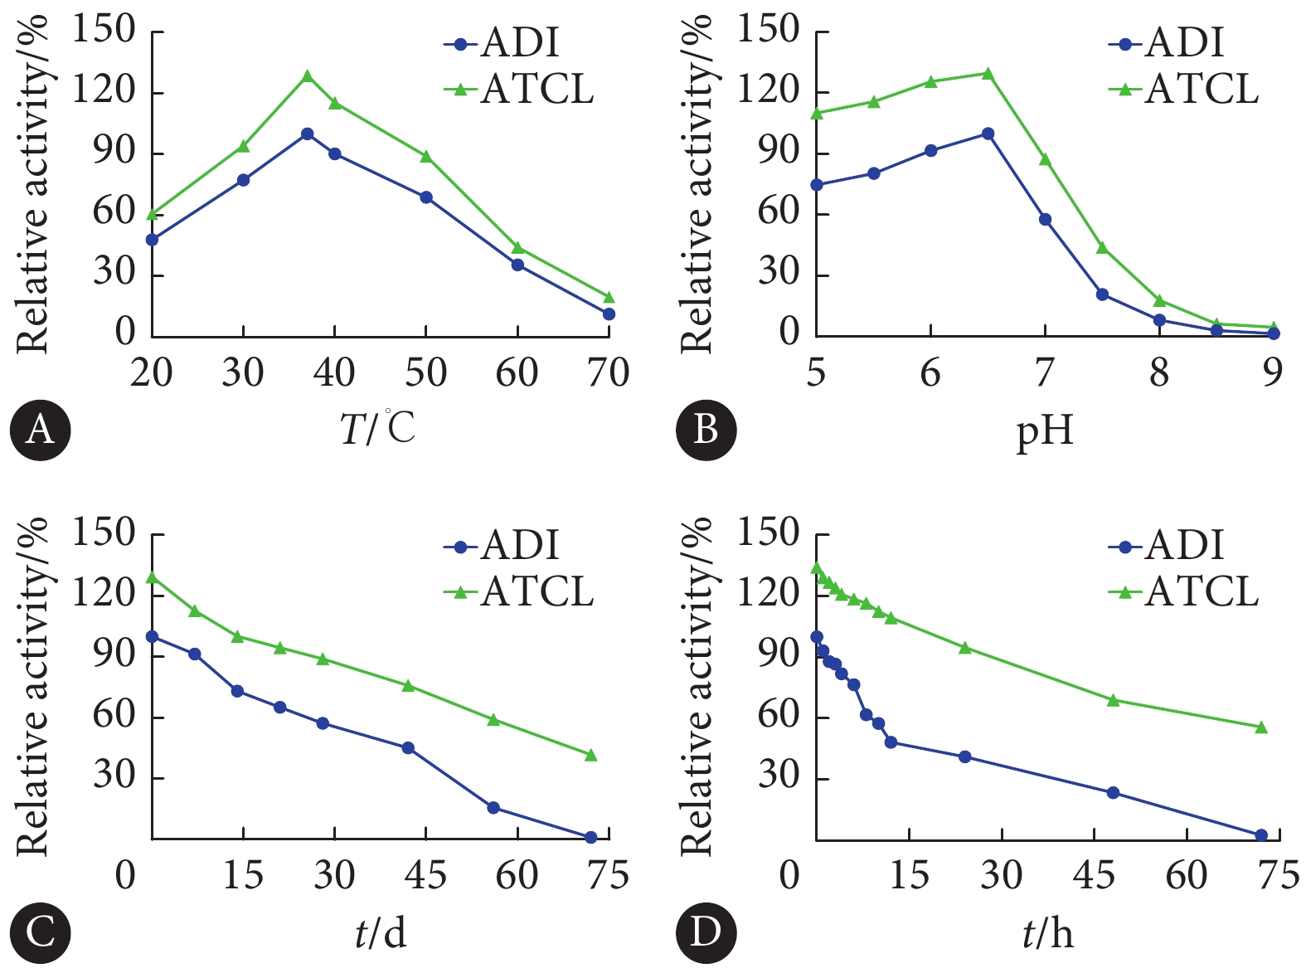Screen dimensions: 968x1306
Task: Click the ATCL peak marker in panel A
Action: pos(308,76)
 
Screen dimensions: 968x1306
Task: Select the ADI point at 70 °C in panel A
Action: pos(609,314)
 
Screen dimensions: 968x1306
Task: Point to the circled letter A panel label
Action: pos(40,430)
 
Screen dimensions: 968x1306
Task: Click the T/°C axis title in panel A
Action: pos(378,428)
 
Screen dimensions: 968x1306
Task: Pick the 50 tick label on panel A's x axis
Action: pos(426,372)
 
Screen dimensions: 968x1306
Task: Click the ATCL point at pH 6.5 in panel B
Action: pos(988,73)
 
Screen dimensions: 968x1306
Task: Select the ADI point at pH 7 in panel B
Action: pos(1045,220)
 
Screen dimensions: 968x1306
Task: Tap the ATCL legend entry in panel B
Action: pos(1184,89)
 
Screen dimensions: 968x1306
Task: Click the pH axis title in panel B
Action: pos(1045,430)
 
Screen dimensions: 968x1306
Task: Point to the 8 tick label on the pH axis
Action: pos(1158,372)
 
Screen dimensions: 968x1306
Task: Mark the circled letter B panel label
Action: pos(706,430)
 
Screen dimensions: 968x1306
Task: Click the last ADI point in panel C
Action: pos(591,838)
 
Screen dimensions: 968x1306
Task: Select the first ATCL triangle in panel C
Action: pos(152,577)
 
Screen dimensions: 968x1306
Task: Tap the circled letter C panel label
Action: pos(40,932)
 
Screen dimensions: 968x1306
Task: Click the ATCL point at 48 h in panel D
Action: pos(1113,700)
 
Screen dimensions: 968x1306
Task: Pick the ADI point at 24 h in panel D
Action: pos(964,756)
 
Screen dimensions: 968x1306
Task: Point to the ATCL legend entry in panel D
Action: pos(1184,591)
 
